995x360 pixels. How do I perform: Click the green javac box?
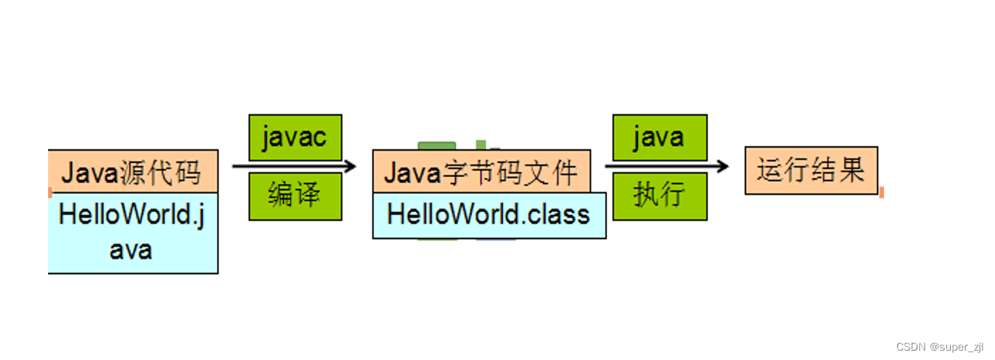click(295, 137)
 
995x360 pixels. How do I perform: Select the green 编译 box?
click(295, 196)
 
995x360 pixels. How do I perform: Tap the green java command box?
click(659, 137)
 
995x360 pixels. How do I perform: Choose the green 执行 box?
click(659, 196)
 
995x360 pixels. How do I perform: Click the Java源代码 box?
click(133, 171)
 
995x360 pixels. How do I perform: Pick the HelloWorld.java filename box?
click(133, 232)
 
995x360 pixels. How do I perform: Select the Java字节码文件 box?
click(481, 171)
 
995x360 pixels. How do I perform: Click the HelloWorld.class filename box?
click(489, 215)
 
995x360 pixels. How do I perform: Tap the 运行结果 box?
click(811, 170)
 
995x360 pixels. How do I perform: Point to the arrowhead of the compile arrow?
click(351, 166)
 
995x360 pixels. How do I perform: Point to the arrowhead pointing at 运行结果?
click(723, 166)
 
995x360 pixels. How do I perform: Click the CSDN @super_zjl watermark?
click(940, 346)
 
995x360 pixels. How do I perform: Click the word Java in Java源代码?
click(89, 171)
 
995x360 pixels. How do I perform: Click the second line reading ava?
click(130, 250)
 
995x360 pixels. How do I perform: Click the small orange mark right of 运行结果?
click(881, 192)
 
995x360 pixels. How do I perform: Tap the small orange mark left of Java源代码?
click(50, 192)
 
